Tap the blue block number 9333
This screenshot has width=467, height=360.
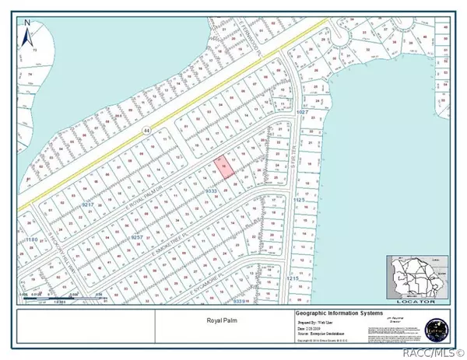[x=210, y=190]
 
